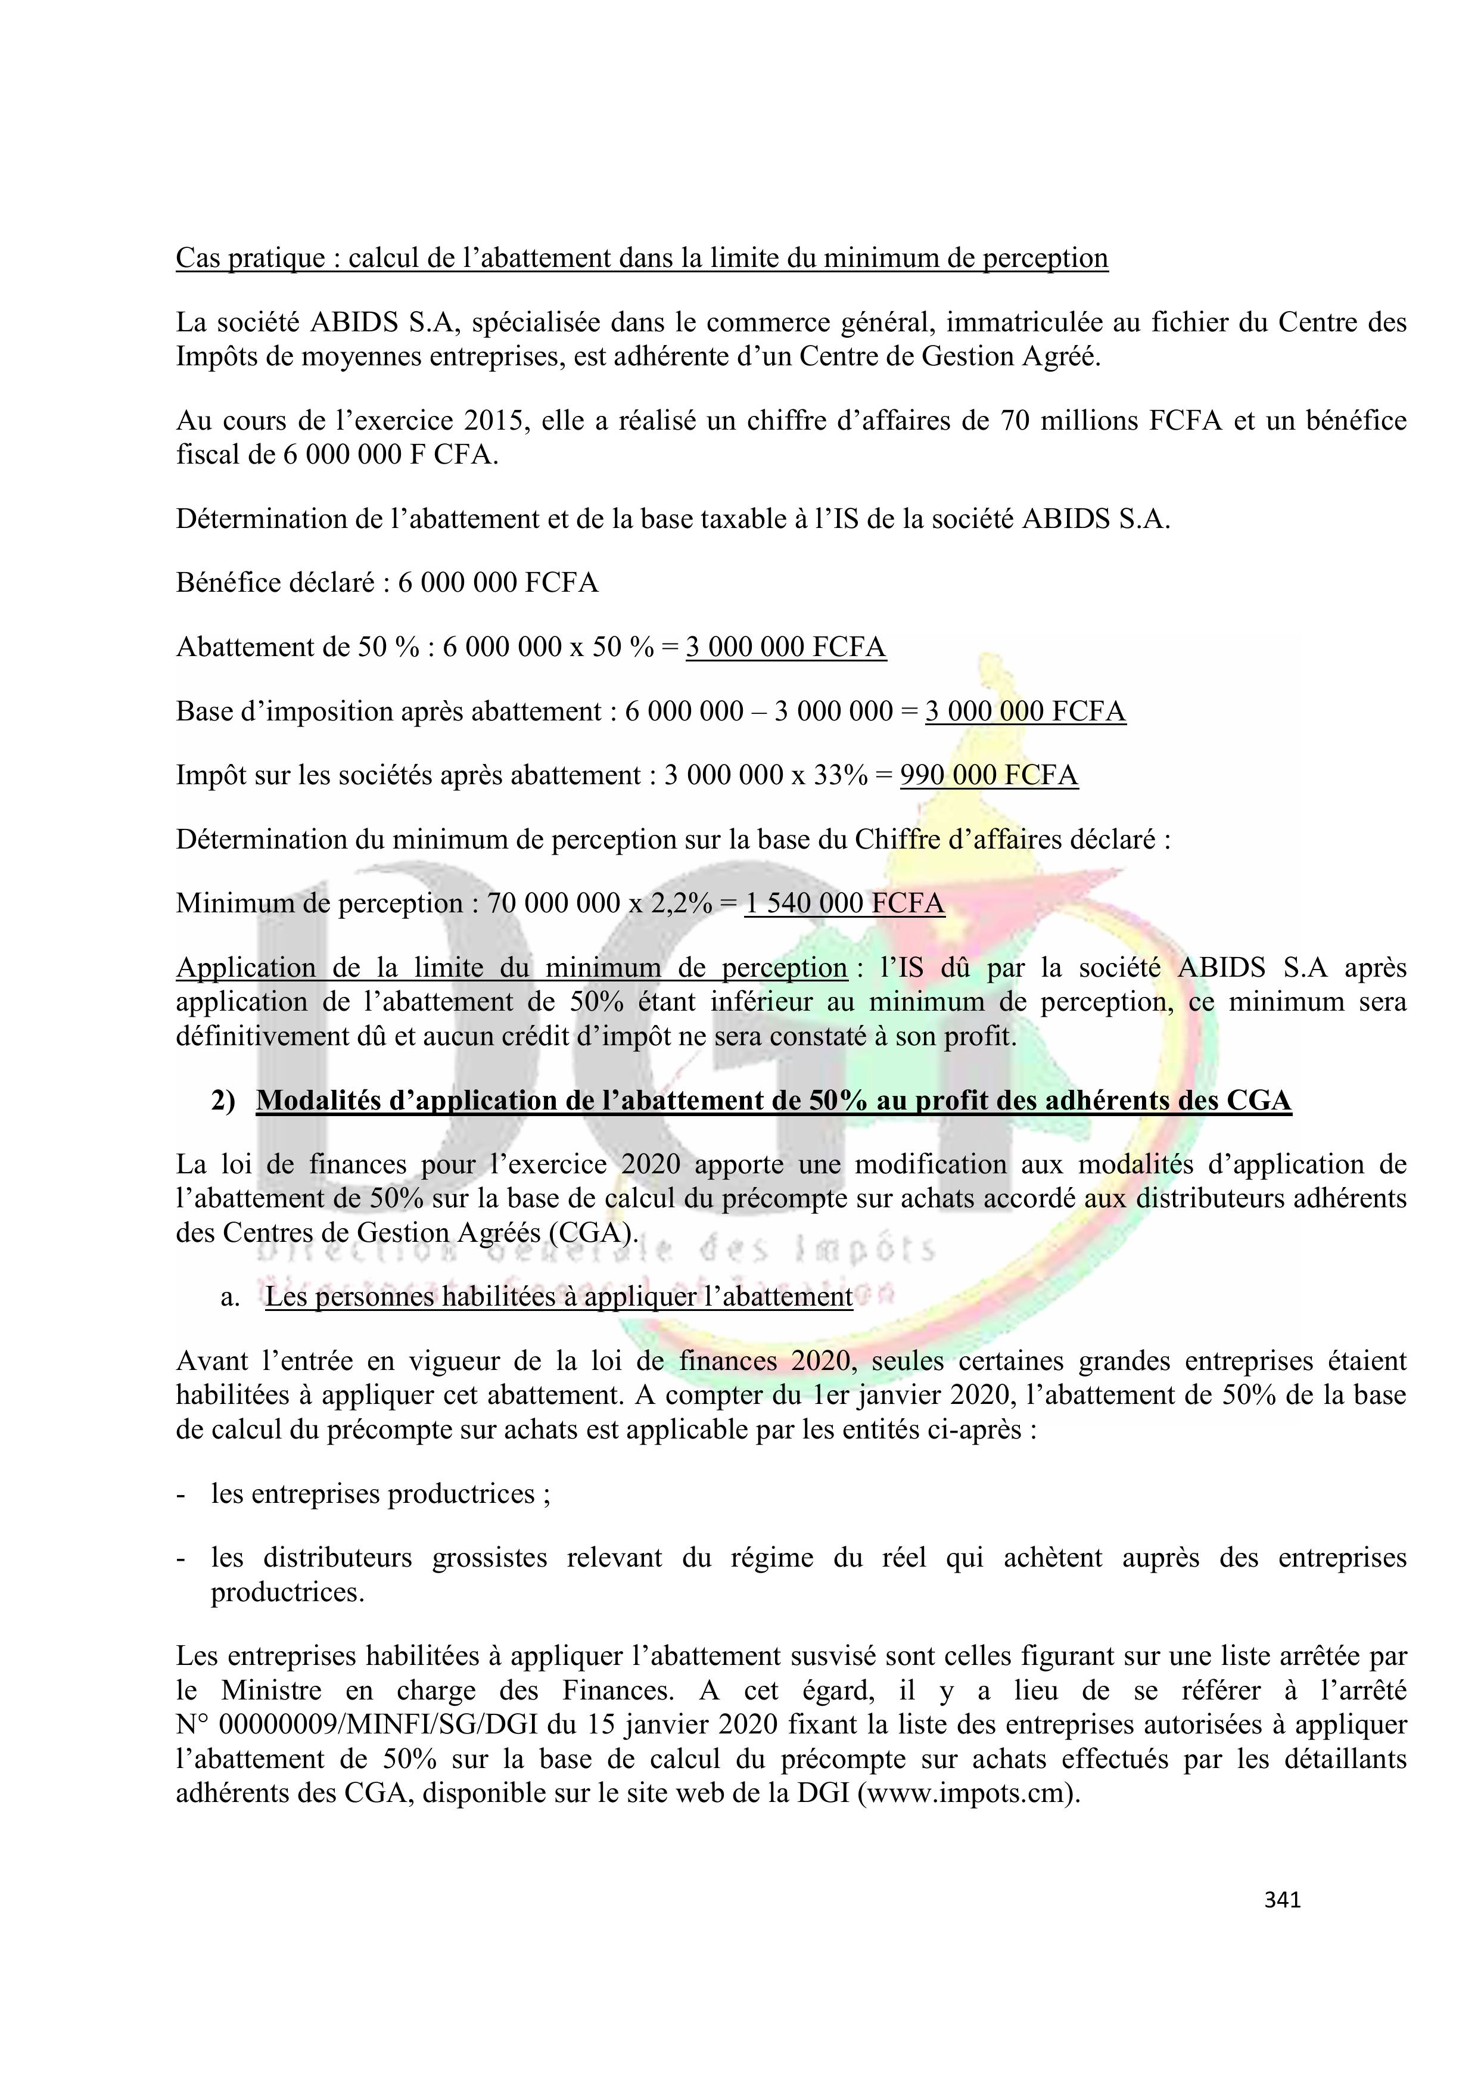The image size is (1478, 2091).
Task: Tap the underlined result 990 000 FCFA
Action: (x=989, y=775)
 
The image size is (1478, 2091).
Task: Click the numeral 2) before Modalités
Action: (x=223, y=1101)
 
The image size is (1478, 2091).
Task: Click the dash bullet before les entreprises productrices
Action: (x=181, y=1493)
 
